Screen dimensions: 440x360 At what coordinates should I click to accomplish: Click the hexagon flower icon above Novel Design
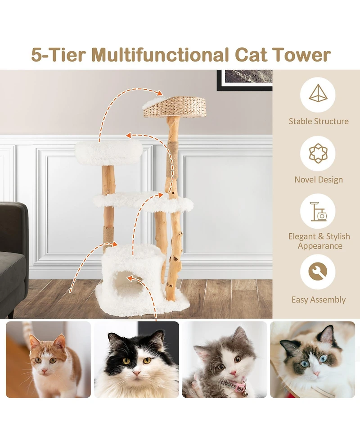click(318, 153)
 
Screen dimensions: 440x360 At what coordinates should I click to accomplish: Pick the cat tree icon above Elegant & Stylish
click(318, 212)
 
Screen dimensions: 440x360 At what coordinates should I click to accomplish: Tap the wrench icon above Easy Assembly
click(318, 272)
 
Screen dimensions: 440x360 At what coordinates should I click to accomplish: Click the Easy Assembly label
click(318, 299)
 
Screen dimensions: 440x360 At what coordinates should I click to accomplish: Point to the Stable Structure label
click(318, 121)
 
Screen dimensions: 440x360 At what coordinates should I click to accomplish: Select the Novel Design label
click(318, 180)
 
